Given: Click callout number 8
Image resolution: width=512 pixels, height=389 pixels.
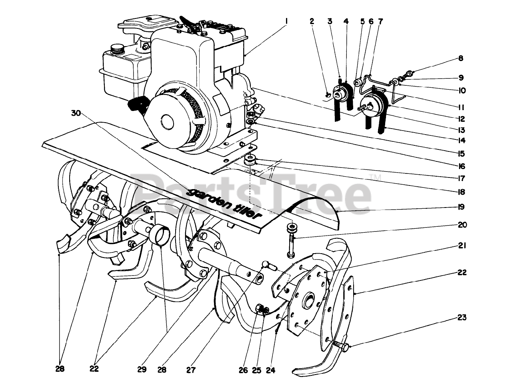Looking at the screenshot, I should [461, 58].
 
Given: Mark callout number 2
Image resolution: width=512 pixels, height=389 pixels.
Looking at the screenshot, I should [312, 22].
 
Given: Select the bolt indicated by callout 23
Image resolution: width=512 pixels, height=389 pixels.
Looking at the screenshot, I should [342, 345].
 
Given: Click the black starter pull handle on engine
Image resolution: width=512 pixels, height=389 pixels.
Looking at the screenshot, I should [136, 103].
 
